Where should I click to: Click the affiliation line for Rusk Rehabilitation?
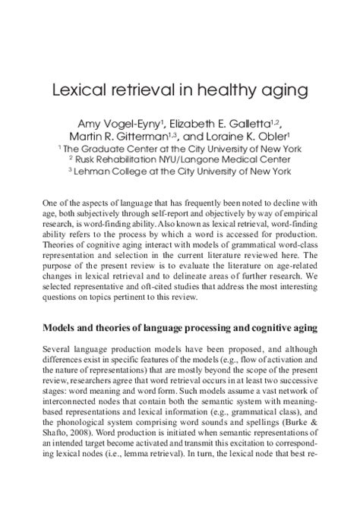[x=179, y=160]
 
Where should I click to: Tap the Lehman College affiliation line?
[x=179, y=172]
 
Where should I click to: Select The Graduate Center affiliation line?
[x=179, y=149]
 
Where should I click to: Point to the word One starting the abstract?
[x=53, y=204]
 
